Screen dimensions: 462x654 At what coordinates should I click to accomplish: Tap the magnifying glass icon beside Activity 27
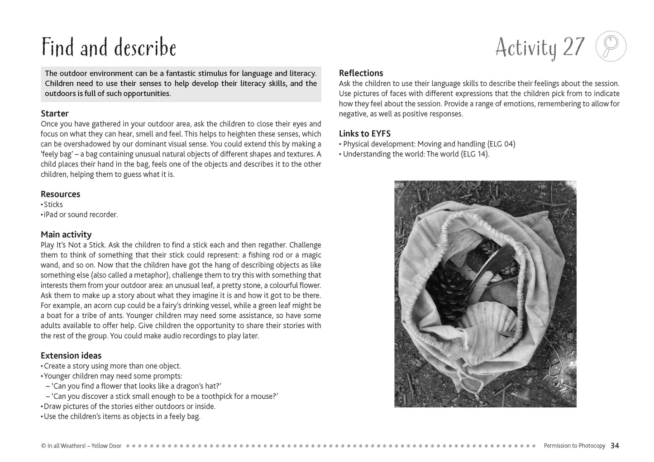[x=611, y=46]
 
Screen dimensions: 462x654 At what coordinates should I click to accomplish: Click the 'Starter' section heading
[x=54, y=113]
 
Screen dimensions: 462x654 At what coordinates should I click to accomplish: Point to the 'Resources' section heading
[x=60, y=194]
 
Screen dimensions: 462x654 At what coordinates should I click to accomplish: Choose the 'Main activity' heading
[x=66, y=235]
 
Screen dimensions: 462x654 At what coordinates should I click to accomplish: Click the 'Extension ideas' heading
[x=71, y=356]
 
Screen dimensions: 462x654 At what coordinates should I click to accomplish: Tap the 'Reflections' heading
[x=361, y=73]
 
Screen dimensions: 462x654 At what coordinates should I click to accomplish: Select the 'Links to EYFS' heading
[x=364, y=134]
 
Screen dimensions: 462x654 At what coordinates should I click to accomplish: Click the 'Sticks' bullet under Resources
[x=53, y=205]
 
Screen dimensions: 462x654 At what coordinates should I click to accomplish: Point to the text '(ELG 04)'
[x=501, y=144]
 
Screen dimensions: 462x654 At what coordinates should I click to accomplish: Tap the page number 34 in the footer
[x=615, y=446]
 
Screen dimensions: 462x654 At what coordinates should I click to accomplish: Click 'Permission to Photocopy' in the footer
[x=574, y=446]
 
